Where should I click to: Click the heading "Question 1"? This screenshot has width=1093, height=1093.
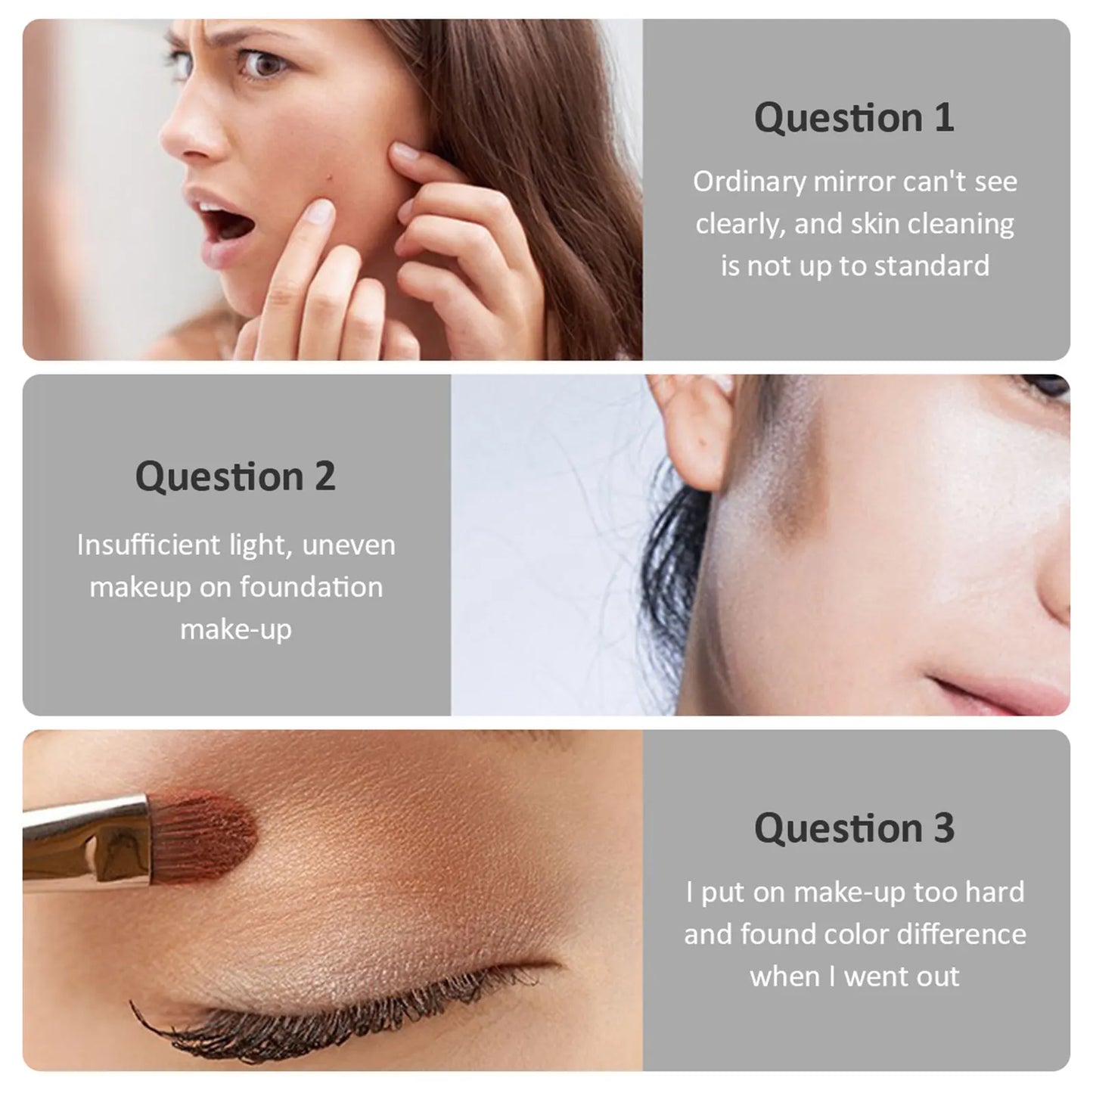(854, 118)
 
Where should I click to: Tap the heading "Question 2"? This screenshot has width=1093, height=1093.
(235, 476)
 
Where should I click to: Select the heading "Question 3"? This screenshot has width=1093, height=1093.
(854, 828)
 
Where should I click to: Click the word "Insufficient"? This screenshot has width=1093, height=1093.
(148, 545)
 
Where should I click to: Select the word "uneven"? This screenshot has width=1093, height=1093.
(348, 545)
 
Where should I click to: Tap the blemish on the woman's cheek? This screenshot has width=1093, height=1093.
(328, 181)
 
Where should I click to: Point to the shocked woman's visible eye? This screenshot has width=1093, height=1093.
(262, 64)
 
